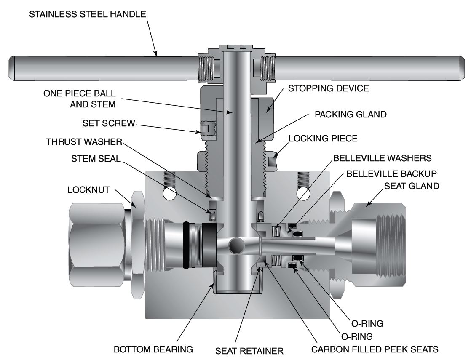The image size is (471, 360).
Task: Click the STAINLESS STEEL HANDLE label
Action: [87, 14]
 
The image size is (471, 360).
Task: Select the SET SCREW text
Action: [109, 123]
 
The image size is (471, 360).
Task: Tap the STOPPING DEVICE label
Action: [328, 88]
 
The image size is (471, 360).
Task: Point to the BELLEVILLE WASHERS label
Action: [383, 159]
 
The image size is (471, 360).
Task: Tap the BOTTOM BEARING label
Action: [153, 349]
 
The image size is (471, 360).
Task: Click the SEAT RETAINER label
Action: [249, 350]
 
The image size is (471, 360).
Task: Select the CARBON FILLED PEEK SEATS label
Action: [375, 349]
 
